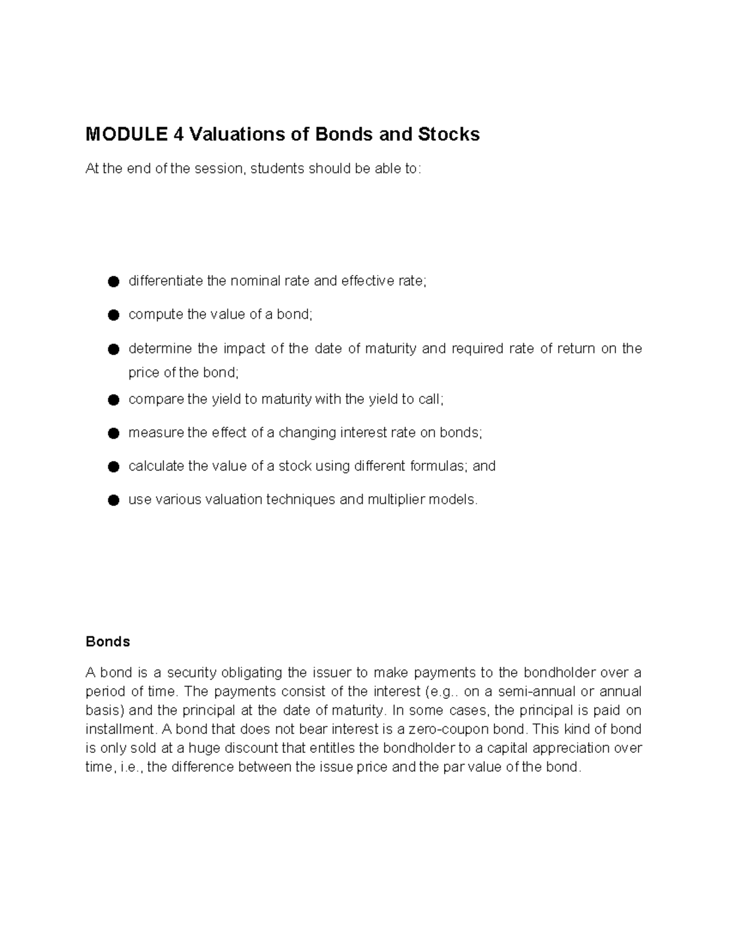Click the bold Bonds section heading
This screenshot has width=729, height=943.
[x=108, y=642]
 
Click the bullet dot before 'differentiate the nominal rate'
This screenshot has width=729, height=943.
[x=112, y=282]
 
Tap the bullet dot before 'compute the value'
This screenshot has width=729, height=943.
[x=112, y=315]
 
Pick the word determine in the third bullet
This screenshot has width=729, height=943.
[x=158, y=349]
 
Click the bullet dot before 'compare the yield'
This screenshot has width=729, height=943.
[x=112, y=400]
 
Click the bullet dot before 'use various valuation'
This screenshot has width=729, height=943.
[x=112, y=500]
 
